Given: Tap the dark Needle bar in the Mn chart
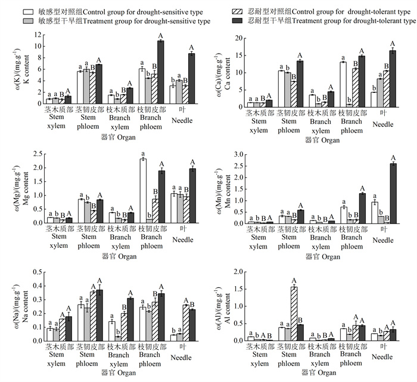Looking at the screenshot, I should pos(392,193).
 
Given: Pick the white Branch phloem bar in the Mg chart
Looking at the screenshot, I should pos(143,191).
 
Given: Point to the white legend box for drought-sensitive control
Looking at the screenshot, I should pos(28,11).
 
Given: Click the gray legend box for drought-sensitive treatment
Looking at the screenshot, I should pos(28,21).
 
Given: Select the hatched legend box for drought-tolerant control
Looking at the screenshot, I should pos(237,11).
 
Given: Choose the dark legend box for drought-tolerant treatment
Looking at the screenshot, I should pos(237,21).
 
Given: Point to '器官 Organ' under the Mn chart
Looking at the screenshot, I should pos(322,257).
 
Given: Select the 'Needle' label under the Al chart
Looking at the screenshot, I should pos(384,356).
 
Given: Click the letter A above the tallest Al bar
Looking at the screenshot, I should pos(294,281).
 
